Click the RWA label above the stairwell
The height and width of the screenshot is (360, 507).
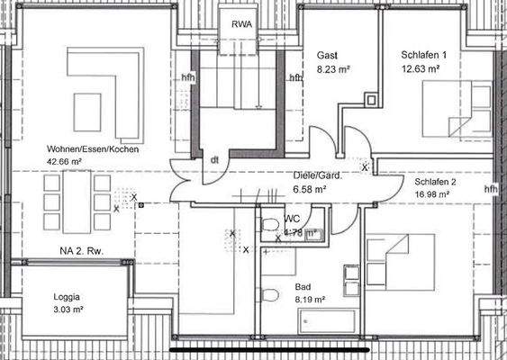tap(241, 23)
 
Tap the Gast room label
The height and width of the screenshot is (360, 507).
tap(327, 56)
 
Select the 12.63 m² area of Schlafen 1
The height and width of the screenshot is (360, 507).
tap(421, 68)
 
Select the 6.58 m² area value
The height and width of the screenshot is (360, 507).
tap(310, 190)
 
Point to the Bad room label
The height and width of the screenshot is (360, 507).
tap(303, 288)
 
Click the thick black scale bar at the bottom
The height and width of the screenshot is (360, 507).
tap(270, 346)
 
